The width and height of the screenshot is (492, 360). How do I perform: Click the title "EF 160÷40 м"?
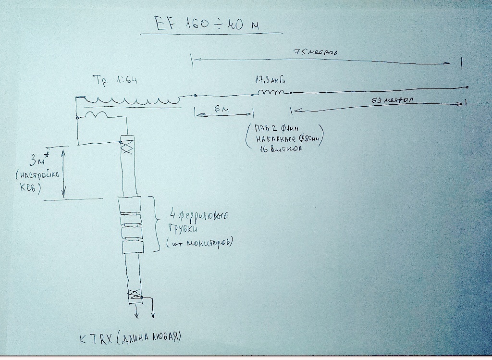(x=207, y=24)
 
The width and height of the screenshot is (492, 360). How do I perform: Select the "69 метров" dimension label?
(x=394, y=100)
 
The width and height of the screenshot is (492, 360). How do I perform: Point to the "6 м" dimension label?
(x=222, y=110)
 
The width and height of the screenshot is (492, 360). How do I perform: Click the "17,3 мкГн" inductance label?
(x=272, y=80)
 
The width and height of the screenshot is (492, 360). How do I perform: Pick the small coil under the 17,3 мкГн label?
(x=272, y=92)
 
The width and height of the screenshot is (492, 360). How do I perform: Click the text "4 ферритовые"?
(x=199, y=214)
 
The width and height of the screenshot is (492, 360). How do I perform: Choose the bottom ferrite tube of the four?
(x=133, y=247)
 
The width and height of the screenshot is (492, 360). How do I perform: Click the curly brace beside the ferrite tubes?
(x=156, y=223)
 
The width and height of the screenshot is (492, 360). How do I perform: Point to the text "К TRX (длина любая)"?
(x=130, y=337)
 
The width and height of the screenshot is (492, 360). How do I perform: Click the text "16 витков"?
(x=275, y=150)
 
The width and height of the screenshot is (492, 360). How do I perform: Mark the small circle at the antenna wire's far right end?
(x=467, y=87)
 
